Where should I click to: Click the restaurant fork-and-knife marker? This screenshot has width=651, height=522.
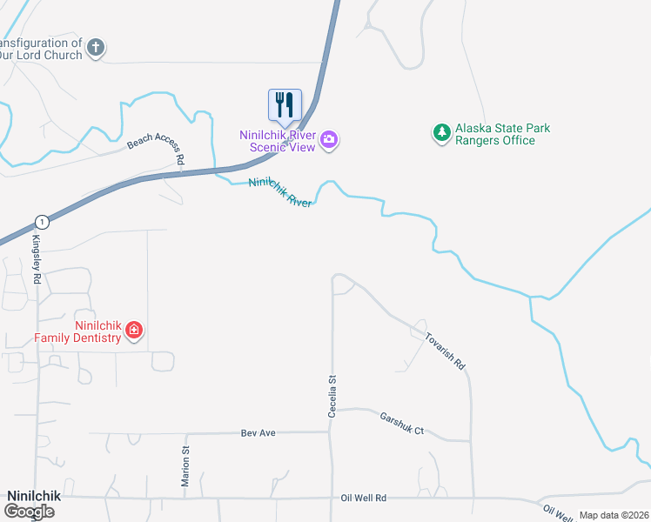tap(285, 105)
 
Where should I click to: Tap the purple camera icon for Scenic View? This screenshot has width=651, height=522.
tap(329, 139)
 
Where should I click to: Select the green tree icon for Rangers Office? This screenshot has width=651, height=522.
tap(443, 133)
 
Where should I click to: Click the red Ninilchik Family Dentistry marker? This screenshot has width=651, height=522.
tap(133, 330)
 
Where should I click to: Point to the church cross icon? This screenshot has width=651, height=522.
tap(97, 47)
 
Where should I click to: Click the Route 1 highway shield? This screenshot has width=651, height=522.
tap(42, 222)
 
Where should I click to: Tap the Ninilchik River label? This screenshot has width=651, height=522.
tap(280, 192)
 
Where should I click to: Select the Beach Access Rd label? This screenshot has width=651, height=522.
tap(157, 148)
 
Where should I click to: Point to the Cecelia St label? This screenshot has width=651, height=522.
tap(332, 396)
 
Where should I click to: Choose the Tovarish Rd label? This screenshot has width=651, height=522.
tap(446, 351)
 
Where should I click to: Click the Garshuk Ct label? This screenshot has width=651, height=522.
tap(401, 424)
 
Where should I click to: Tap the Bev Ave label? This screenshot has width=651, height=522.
tap(258, 432)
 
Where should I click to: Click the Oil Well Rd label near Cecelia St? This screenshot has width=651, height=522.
tap(363, 498)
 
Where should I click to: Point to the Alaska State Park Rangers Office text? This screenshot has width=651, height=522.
tap(504, 135)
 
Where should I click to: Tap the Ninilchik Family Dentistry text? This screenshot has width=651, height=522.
tap(77, 331)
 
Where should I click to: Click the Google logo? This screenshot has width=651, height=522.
tap(29, 511)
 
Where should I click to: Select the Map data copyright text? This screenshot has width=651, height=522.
tap(614, 515)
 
